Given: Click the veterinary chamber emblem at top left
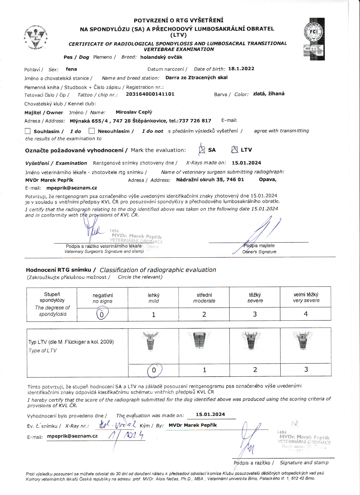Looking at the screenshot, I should point(36,38).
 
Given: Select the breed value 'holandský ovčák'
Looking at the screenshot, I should point(161,57).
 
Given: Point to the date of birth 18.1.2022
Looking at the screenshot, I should point(241,69).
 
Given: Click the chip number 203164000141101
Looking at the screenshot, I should point(150,94).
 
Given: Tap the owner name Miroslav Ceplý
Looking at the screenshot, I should point(134,112).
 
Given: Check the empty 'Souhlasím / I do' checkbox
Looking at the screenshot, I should point(28,131).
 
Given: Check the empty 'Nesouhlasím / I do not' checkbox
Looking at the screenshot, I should point(91,131).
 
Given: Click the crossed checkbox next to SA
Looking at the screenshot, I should point(202,150).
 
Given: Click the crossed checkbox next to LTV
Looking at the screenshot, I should point(234,149).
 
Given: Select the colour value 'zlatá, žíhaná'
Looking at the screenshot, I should point(269,94).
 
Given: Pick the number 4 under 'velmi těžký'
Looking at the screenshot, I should point(306,314).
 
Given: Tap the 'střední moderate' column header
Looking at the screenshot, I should point(204,298).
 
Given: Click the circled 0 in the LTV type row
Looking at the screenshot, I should point(154,370).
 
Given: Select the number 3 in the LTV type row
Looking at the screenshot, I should point(306,370).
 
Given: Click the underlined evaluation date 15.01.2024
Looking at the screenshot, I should point(210,414).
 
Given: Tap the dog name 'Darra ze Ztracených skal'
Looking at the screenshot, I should point(197,78).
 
